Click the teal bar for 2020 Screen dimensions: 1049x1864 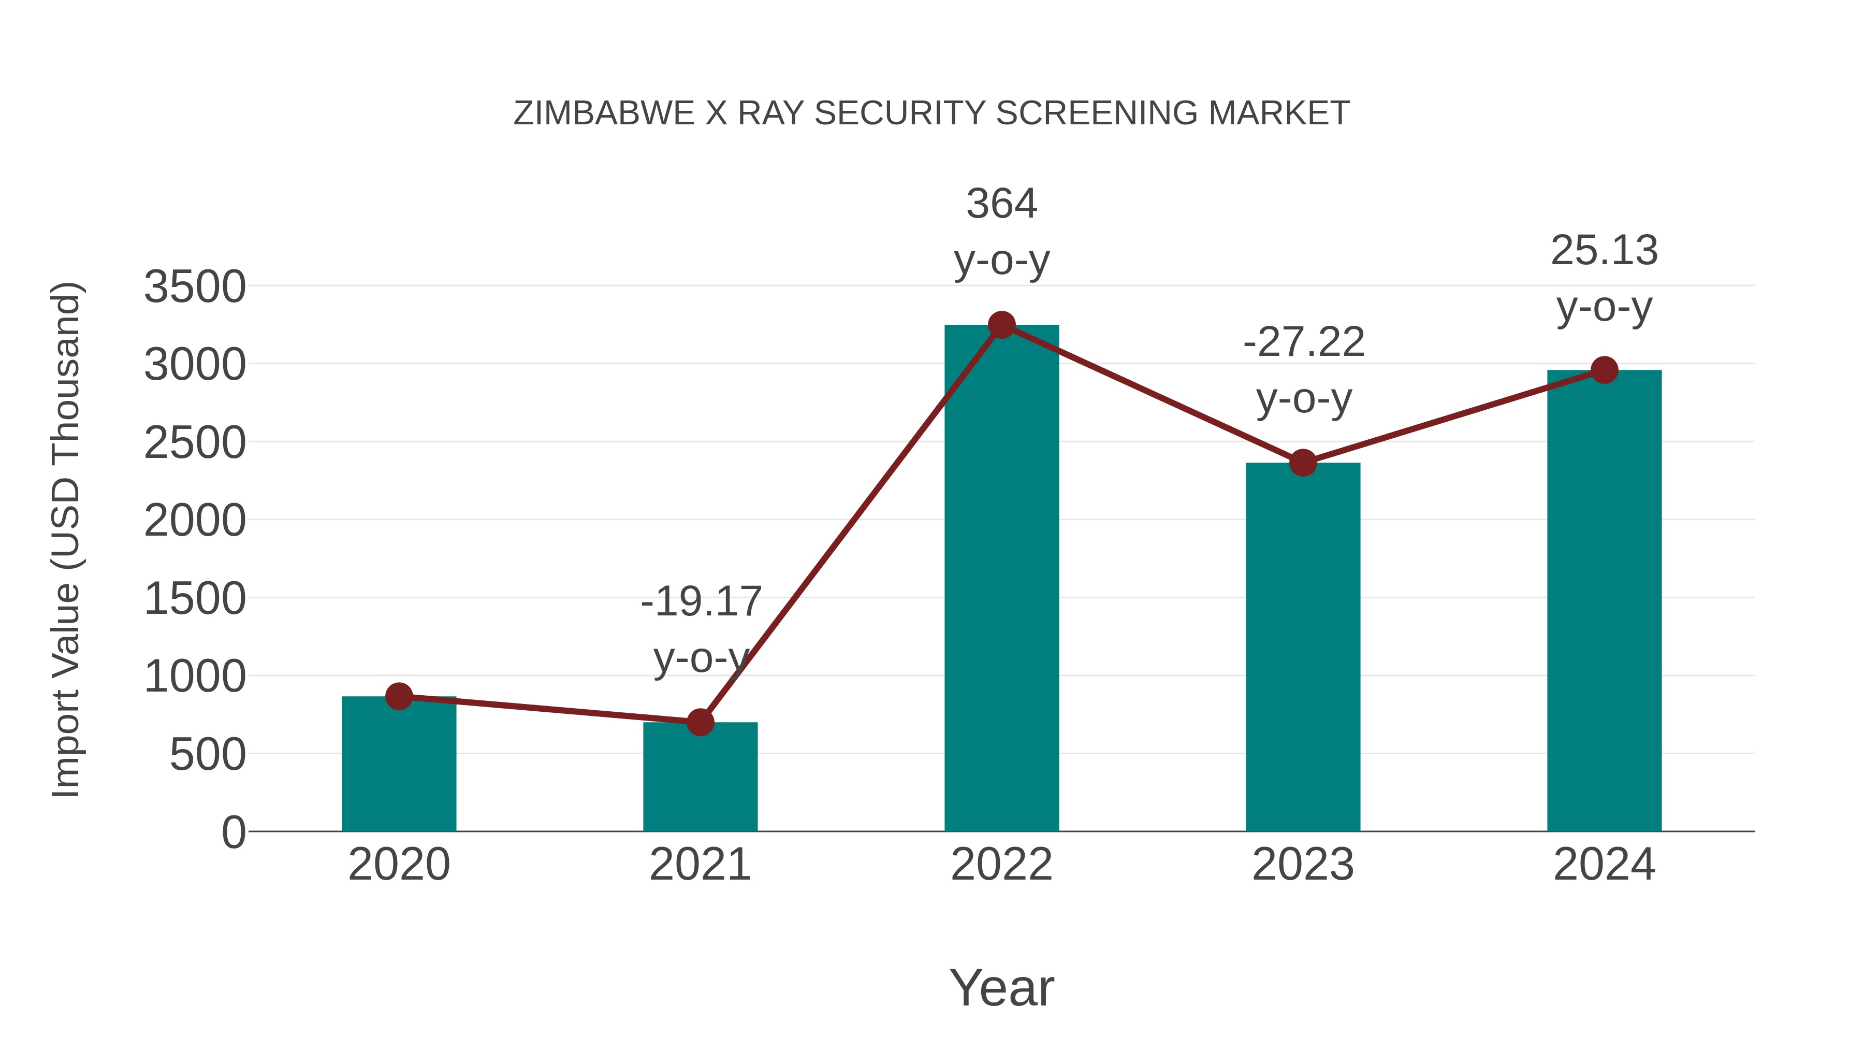tap(399, 767)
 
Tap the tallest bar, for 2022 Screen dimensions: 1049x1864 tap(1001, 579)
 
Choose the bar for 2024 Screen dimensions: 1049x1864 tap(1604, 601)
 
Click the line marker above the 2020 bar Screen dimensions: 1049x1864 tap(399, 696)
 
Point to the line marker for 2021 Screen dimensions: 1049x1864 tap(700, 722)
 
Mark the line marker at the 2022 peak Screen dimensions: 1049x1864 tap(1001, 325)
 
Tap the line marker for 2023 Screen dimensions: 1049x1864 tap(1303, 463)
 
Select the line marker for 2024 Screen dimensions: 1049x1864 tap(1604, 370)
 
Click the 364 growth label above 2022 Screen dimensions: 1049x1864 tap(1001, 204)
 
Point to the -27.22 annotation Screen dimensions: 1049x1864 tap(1303, 342)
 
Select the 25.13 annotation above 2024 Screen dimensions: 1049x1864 tap(1604, 251)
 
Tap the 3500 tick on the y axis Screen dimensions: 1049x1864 tap(195, 286)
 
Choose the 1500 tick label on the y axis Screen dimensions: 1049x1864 tap(195, 599)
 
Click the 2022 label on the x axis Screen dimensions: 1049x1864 tap(1001, 865)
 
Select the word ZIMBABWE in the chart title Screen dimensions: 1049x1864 tap(604, 113)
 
